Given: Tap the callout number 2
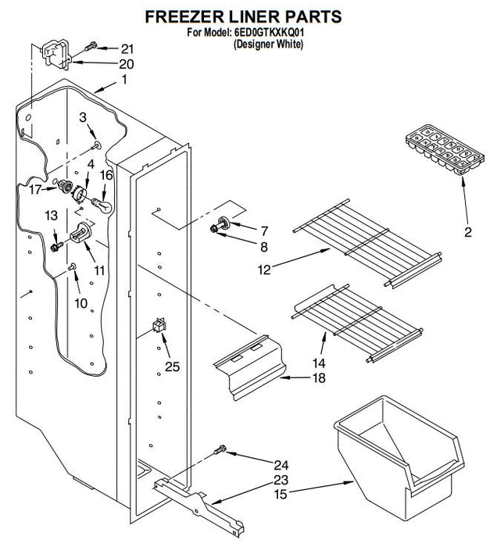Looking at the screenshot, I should click(467, 232).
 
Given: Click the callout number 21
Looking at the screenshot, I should click(127, 48).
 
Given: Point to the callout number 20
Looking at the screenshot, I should click(126, 63).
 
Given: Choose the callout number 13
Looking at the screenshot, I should click(51, 216).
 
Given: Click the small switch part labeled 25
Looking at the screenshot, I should click(160, 324).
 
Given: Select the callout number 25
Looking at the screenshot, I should click(171, 365).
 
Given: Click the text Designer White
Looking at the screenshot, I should click(268, 45).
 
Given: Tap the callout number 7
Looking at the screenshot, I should click(263, 231).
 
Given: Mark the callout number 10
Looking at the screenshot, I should click(80, 302).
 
